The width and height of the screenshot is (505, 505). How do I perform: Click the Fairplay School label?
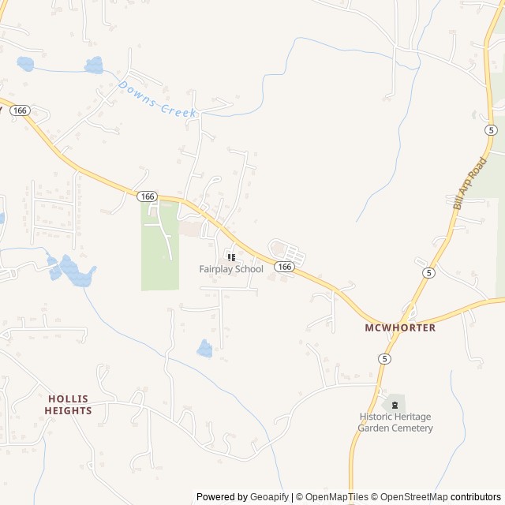(231, 269)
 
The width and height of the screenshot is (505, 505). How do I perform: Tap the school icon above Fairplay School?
(231, 257)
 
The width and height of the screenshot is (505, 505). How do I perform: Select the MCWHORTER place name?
(400, 327)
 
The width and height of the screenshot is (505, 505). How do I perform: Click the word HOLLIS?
(68, 398)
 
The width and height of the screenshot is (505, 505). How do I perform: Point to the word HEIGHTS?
(68, 410)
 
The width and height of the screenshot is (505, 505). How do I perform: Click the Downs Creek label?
(157, 99)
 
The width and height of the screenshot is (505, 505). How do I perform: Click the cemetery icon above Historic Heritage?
(395, 405)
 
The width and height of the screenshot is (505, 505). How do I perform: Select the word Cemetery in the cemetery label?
(412, 428)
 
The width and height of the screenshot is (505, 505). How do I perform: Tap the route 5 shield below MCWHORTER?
(384, 358)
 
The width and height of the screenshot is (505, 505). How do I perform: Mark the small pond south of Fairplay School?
(204, 349)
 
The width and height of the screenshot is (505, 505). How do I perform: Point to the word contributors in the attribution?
(476, 497)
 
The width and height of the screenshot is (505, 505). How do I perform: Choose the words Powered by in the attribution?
(220, 497)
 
